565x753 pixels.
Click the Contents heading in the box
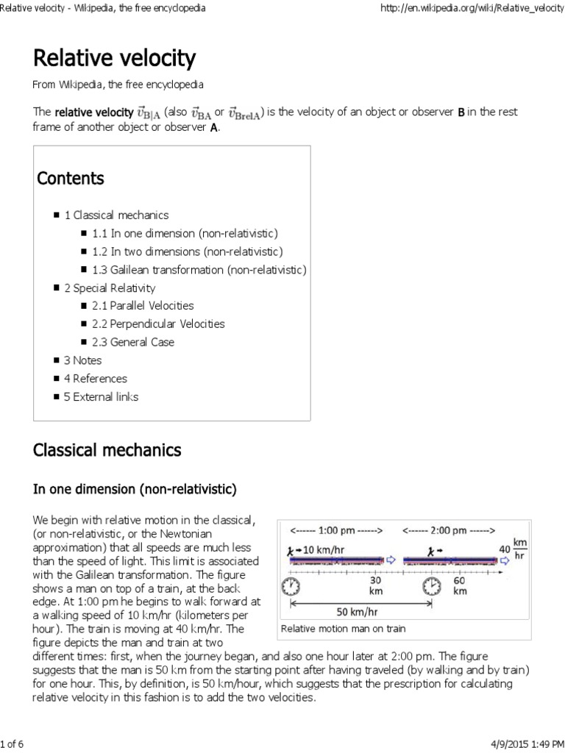coord(71,179)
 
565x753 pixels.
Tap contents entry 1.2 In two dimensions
coord(184,251)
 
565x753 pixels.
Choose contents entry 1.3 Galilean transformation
coord(199,270)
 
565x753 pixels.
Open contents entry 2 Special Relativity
coord(110,288)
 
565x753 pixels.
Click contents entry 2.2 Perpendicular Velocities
coord(158,324)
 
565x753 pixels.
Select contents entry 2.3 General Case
coord(133,342)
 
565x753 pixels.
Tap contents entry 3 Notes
coord(83,360)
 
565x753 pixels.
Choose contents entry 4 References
coord(96,379)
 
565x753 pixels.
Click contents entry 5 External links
coord(102,397)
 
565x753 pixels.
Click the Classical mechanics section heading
coord(107,449)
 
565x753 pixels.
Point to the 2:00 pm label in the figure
coord(449,529)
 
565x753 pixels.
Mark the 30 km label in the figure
coord(376,585)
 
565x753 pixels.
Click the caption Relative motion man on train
coord(343,629)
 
